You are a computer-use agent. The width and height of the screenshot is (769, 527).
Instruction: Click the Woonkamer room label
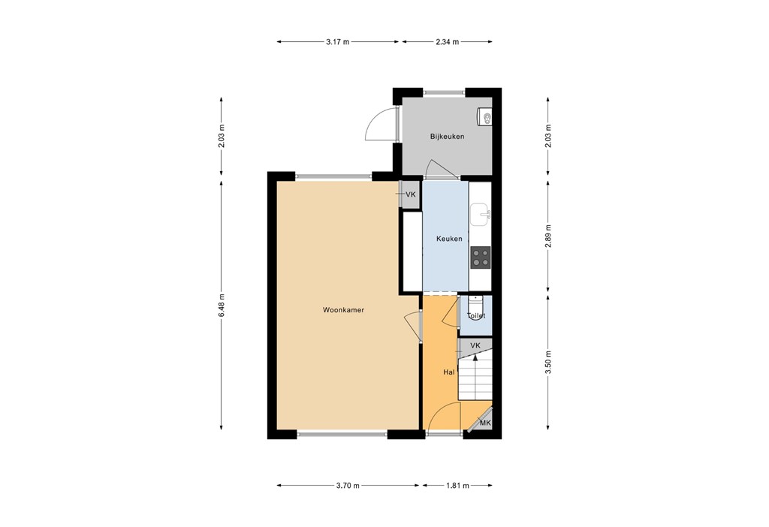pos(344,309)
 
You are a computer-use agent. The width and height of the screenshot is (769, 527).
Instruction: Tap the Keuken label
pos(449,239)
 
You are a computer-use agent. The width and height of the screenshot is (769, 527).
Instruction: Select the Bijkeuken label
pos(447,137)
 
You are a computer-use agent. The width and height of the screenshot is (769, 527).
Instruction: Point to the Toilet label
pos(476,316)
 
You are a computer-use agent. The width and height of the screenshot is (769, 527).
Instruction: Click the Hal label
pos(449,372)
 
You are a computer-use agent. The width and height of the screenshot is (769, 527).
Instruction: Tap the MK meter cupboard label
pos(485,423)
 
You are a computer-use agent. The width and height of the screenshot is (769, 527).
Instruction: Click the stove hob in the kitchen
pos(481,258)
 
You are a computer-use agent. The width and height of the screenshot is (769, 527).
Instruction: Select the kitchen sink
pos(481,215)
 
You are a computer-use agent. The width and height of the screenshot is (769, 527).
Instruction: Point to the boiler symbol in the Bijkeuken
pos(486,118)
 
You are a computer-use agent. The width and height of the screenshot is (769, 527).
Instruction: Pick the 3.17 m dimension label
pos(338,42)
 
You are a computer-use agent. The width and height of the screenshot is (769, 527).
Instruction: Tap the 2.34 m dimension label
pos(447,42)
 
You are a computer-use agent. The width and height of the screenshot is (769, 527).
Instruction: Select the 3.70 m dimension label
pos(348,486)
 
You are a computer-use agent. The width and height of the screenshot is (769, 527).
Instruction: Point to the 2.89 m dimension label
pos(549,237)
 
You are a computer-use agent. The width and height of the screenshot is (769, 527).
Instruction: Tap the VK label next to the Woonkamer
pos(410,195)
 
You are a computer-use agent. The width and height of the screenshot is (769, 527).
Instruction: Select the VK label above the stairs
pos(475,345)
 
